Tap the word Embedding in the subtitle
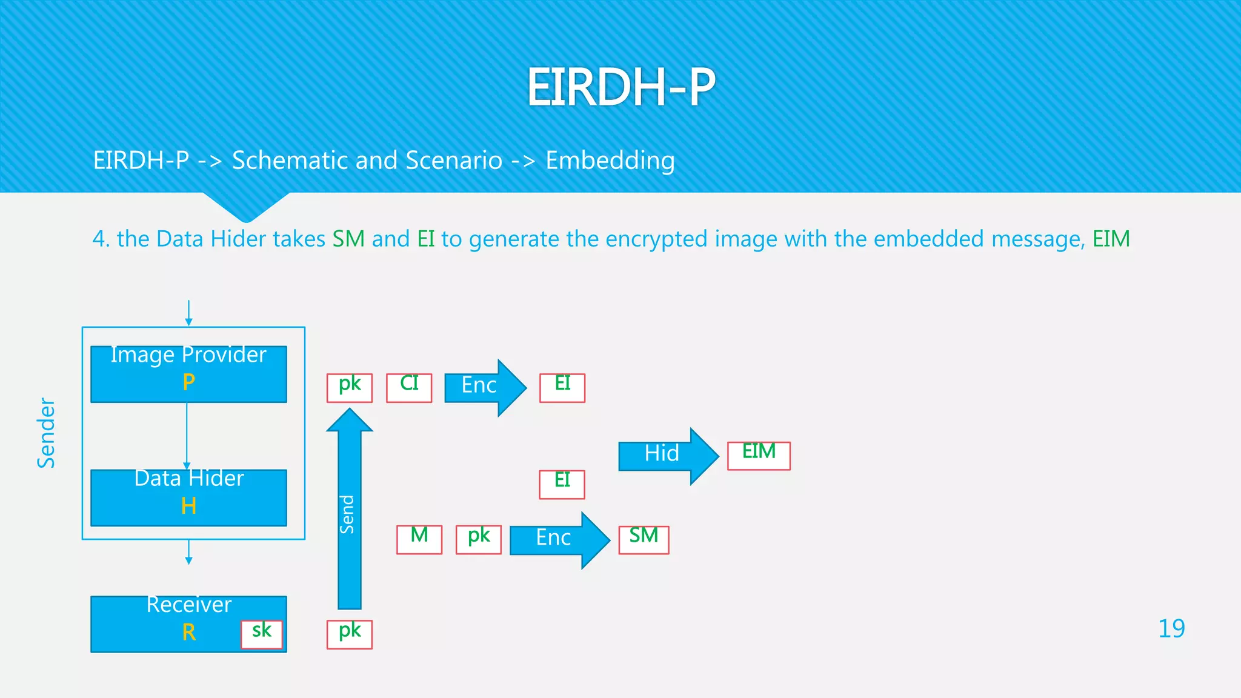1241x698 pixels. point(610,161)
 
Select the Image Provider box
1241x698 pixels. point(188,374)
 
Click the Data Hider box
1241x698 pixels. point(188,497)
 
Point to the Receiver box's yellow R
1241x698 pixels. point(188,633)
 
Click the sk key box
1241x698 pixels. point(262,634)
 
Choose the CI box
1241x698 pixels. point(409,388)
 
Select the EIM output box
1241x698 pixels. point(759,456)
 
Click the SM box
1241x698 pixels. point(644,539)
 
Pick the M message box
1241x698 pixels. point(419,539)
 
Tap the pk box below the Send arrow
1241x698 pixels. point(350,634)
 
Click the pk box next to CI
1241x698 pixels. point(350,388)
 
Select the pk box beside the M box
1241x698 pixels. point(479,539)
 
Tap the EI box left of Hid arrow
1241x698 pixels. point(562,484)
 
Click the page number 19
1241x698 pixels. point(1171,629)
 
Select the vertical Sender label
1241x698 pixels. point(46,433)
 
